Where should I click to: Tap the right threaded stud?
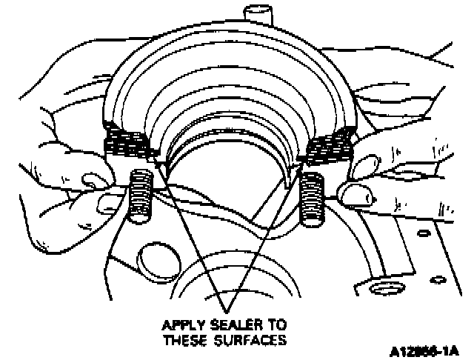pos(314,200)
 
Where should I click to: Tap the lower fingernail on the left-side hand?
pos(108,200)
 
